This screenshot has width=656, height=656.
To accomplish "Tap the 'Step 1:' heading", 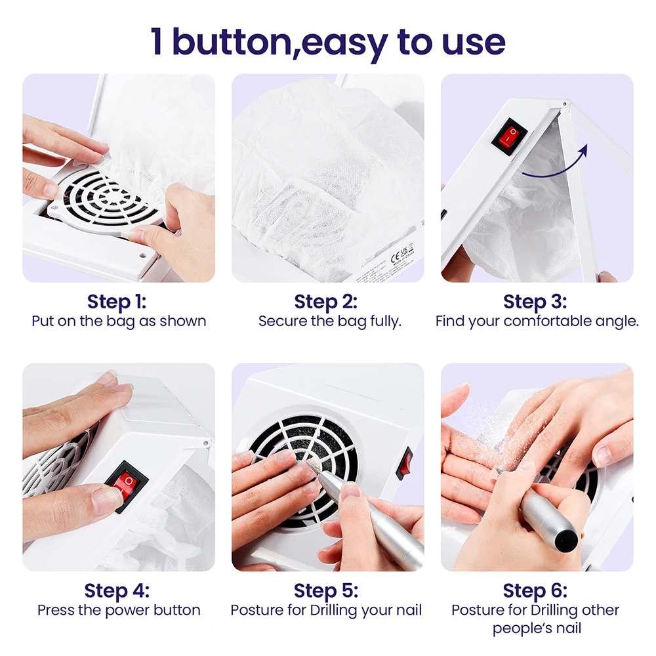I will pyautogui.click(x=118, y=302).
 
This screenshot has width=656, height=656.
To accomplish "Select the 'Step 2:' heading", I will pyautogui.click(x=327, y=302).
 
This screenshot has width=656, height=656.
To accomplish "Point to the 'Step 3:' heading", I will pyautogui.click(x=535, y=302).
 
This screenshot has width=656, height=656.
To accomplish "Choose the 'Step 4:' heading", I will pyautogui.click(x=118, y=590).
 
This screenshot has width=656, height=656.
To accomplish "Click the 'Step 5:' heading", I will pyautogui.click(x=327, y=590).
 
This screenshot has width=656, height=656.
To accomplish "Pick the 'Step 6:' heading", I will pyautogui.click(x=535, y=590).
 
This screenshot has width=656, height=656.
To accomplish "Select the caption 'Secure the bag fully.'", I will pyautogui.click(x=329, y=321).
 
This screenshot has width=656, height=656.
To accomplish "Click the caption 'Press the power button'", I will pyautogui.click(x=119, y=610).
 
